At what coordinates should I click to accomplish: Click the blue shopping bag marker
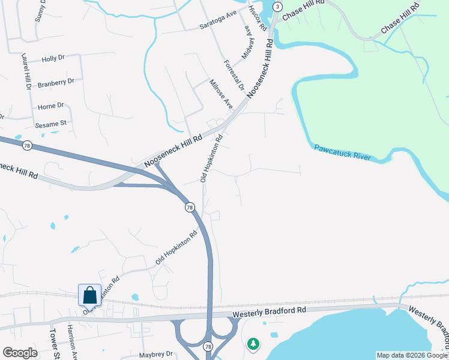click(x=89, y=295)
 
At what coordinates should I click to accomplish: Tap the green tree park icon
click(x=253, y=344)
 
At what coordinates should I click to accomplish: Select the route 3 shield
click(x=277, y=6)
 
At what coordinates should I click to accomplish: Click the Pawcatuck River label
click(x=342, y=152)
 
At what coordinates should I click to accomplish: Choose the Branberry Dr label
click(x=55, y=82)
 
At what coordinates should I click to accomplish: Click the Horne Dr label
click(x=50, y=106)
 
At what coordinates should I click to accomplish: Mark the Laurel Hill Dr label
click(x=26, y=72)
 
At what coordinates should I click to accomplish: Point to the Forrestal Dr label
click(x=234, y=75)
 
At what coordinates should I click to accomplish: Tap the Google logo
click(x=20, y=353)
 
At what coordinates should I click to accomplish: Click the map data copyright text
click(x=412, y=355)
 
